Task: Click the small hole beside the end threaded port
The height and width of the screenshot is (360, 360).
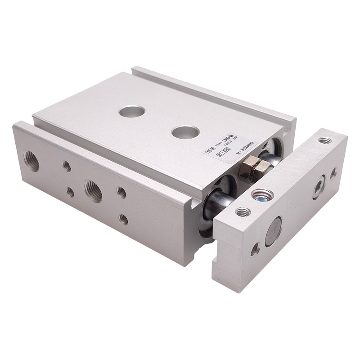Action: [67, 166]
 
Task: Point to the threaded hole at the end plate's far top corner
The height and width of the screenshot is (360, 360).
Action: [322, 141]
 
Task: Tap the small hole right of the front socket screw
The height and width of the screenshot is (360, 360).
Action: [333, 171]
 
